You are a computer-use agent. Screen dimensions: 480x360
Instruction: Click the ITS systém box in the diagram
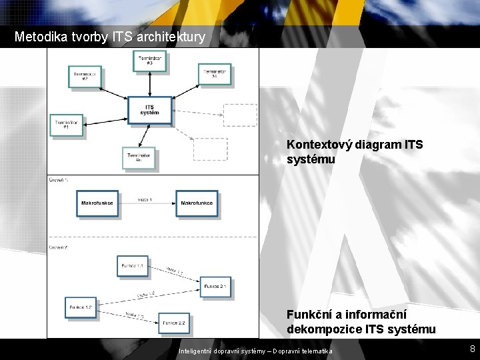150,111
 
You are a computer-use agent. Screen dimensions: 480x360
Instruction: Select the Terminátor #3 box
150,61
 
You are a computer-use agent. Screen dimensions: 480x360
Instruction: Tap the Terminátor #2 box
85,75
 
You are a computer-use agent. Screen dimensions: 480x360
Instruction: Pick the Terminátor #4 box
215,74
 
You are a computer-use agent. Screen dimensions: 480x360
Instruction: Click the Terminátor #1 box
67,125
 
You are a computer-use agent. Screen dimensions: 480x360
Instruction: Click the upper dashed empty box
239,115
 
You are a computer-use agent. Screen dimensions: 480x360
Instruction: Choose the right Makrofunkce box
197,203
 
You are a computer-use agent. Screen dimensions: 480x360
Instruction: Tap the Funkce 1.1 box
133,267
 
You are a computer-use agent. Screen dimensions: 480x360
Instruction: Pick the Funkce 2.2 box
172,323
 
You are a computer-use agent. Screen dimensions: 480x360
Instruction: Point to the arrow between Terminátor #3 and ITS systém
150,85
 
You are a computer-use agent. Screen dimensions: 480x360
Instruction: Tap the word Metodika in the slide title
38,37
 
